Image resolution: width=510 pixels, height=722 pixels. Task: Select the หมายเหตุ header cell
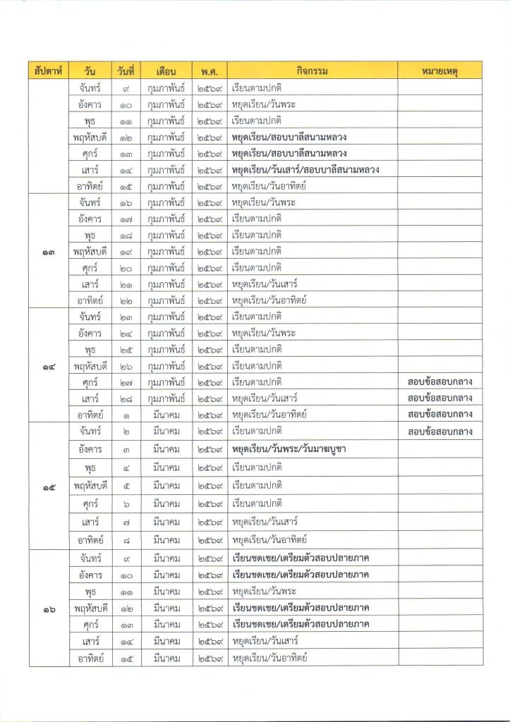(439, 71)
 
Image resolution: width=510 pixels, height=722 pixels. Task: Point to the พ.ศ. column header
(210, 71)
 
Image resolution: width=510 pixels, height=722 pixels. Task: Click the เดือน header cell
(167, 71)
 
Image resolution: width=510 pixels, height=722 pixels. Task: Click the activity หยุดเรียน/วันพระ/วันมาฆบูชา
(303, 449)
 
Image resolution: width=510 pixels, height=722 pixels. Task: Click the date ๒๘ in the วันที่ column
(128, 398)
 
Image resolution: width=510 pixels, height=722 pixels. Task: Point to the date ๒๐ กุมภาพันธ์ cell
(128, 268)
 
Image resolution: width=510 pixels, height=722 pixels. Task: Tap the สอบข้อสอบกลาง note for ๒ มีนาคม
(439, 430)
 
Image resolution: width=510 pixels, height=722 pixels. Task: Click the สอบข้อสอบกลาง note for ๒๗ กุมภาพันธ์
(439, 381)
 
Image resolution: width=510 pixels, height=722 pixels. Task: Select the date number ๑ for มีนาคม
(128, 415)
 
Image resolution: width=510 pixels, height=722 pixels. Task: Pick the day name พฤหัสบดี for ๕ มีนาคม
(90, 486)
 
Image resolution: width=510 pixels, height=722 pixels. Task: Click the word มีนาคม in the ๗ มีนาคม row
(167, 522)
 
